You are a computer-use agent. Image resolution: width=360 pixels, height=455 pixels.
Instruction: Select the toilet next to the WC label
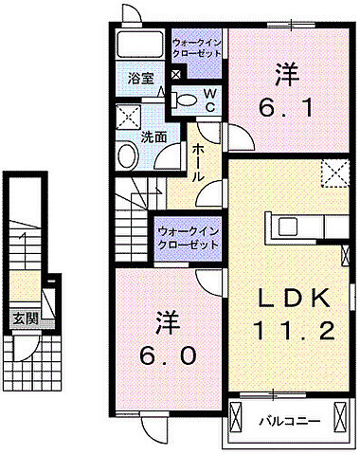pyautogui.click(x=186, y=99)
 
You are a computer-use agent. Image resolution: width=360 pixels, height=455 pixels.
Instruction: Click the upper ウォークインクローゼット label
pyautogui.click(x=196, y=49)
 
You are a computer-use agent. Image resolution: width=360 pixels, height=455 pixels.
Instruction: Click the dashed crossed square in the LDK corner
pyautogui.click(x=334, y=174)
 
